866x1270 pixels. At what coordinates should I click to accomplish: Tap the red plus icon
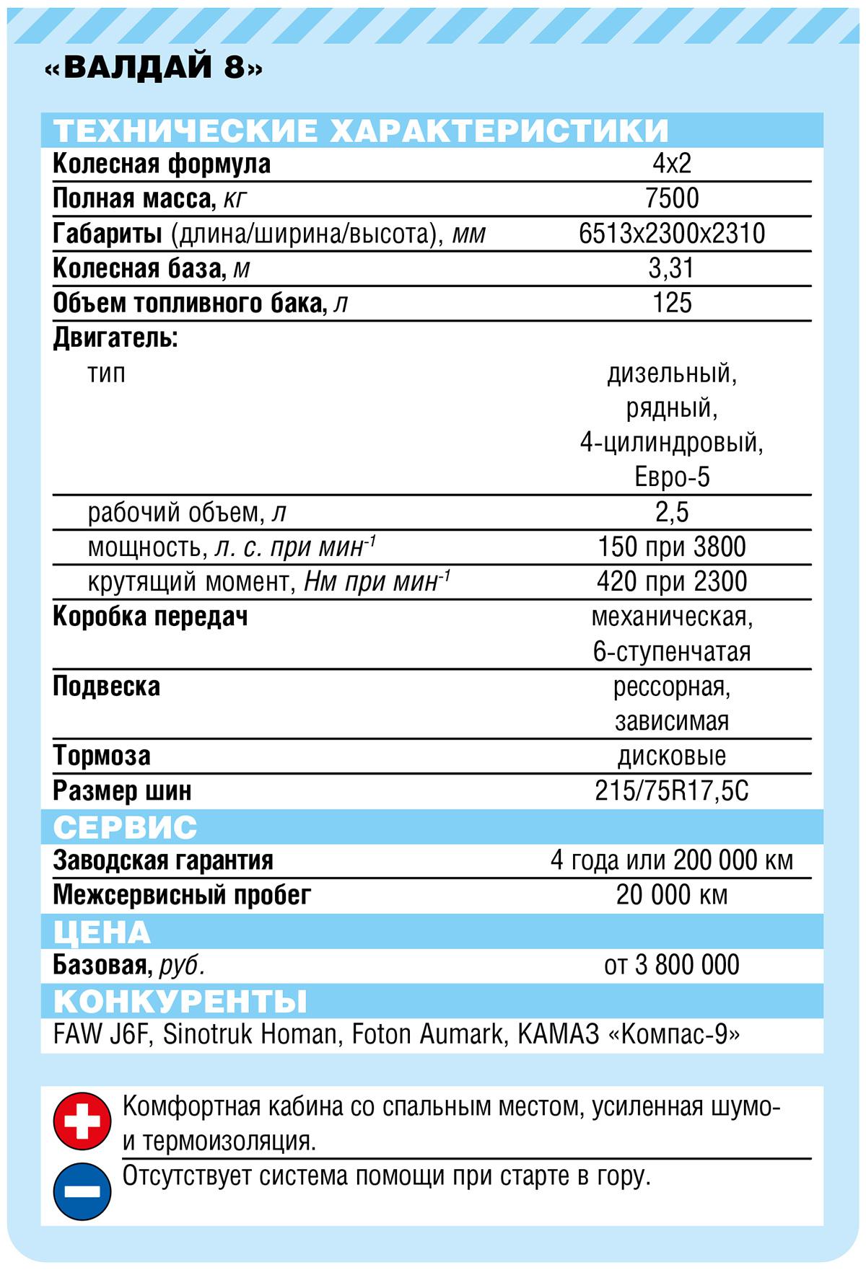tap(82, 1121)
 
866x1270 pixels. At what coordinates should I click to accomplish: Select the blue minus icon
tap(82, 1191)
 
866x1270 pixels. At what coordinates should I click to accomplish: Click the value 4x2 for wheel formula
tap(672, 164)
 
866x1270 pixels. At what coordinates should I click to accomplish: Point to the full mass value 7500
tap(672, 198)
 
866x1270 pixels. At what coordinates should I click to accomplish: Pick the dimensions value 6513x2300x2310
tap(672, 234)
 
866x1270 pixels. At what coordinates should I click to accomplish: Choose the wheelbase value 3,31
tap(672, 268)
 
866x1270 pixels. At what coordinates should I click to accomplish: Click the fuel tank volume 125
tap(672, 303)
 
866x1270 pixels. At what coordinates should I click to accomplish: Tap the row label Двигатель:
tap(115, 338)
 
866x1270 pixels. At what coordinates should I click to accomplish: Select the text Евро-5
tap(672, 477)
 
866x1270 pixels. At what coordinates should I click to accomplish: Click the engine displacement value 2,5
tap(672, 512)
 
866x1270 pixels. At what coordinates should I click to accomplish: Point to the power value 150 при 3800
tap(672, 547)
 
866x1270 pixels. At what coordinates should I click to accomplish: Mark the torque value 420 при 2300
tap(672, 581)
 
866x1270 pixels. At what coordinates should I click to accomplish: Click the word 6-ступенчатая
tap(672, 651)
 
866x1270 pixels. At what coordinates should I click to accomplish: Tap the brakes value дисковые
tap(672, 756)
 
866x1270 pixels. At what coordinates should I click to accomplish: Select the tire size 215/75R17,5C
tap(672, 791)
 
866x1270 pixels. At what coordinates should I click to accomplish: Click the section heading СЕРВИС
tap(125, 826)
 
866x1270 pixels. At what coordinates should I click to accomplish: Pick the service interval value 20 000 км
tap(672, 895)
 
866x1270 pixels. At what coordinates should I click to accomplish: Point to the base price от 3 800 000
tap(672, 965)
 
